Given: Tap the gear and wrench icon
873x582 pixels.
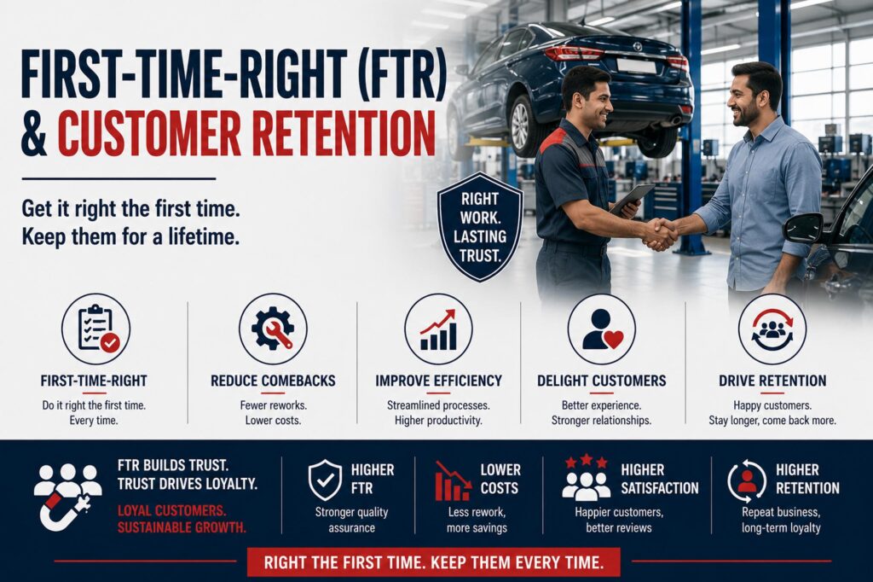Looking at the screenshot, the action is click(x=273, y=329).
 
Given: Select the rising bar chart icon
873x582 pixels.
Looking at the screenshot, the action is click(x=438, y=329).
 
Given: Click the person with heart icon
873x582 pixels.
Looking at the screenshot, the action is click(x=601, y=329).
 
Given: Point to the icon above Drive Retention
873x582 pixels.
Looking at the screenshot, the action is click(x=772, y=329).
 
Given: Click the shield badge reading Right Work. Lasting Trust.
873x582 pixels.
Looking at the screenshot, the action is click(x=480, y=226).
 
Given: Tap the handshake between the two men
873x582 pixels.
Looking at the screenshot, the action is click(x=661, y=233).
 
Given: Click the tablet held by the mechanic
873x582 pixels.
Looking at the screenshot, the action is click(x=632, y=199).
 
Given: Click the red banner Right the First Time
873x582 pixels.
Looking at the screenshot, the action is click(x=433, y=562).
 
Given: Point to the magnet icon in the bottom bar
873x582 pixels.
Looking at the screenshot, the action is click(x=62, y=510).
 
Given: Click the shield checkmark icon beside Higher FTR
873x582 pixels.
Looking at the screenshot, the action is click(x=325, y=480).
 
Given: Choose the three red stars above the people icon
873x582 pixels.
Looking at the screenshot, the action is click(x=587, y=462).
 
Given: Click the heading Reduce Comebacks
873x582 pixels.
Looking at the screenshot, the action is click(x=273, y=381).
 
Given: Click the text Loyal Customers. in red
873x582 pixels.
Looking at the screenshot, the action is click(x=171, y=510).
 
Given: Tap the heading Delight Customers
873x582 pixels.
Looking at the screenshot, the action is click(x=601, y=381).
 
